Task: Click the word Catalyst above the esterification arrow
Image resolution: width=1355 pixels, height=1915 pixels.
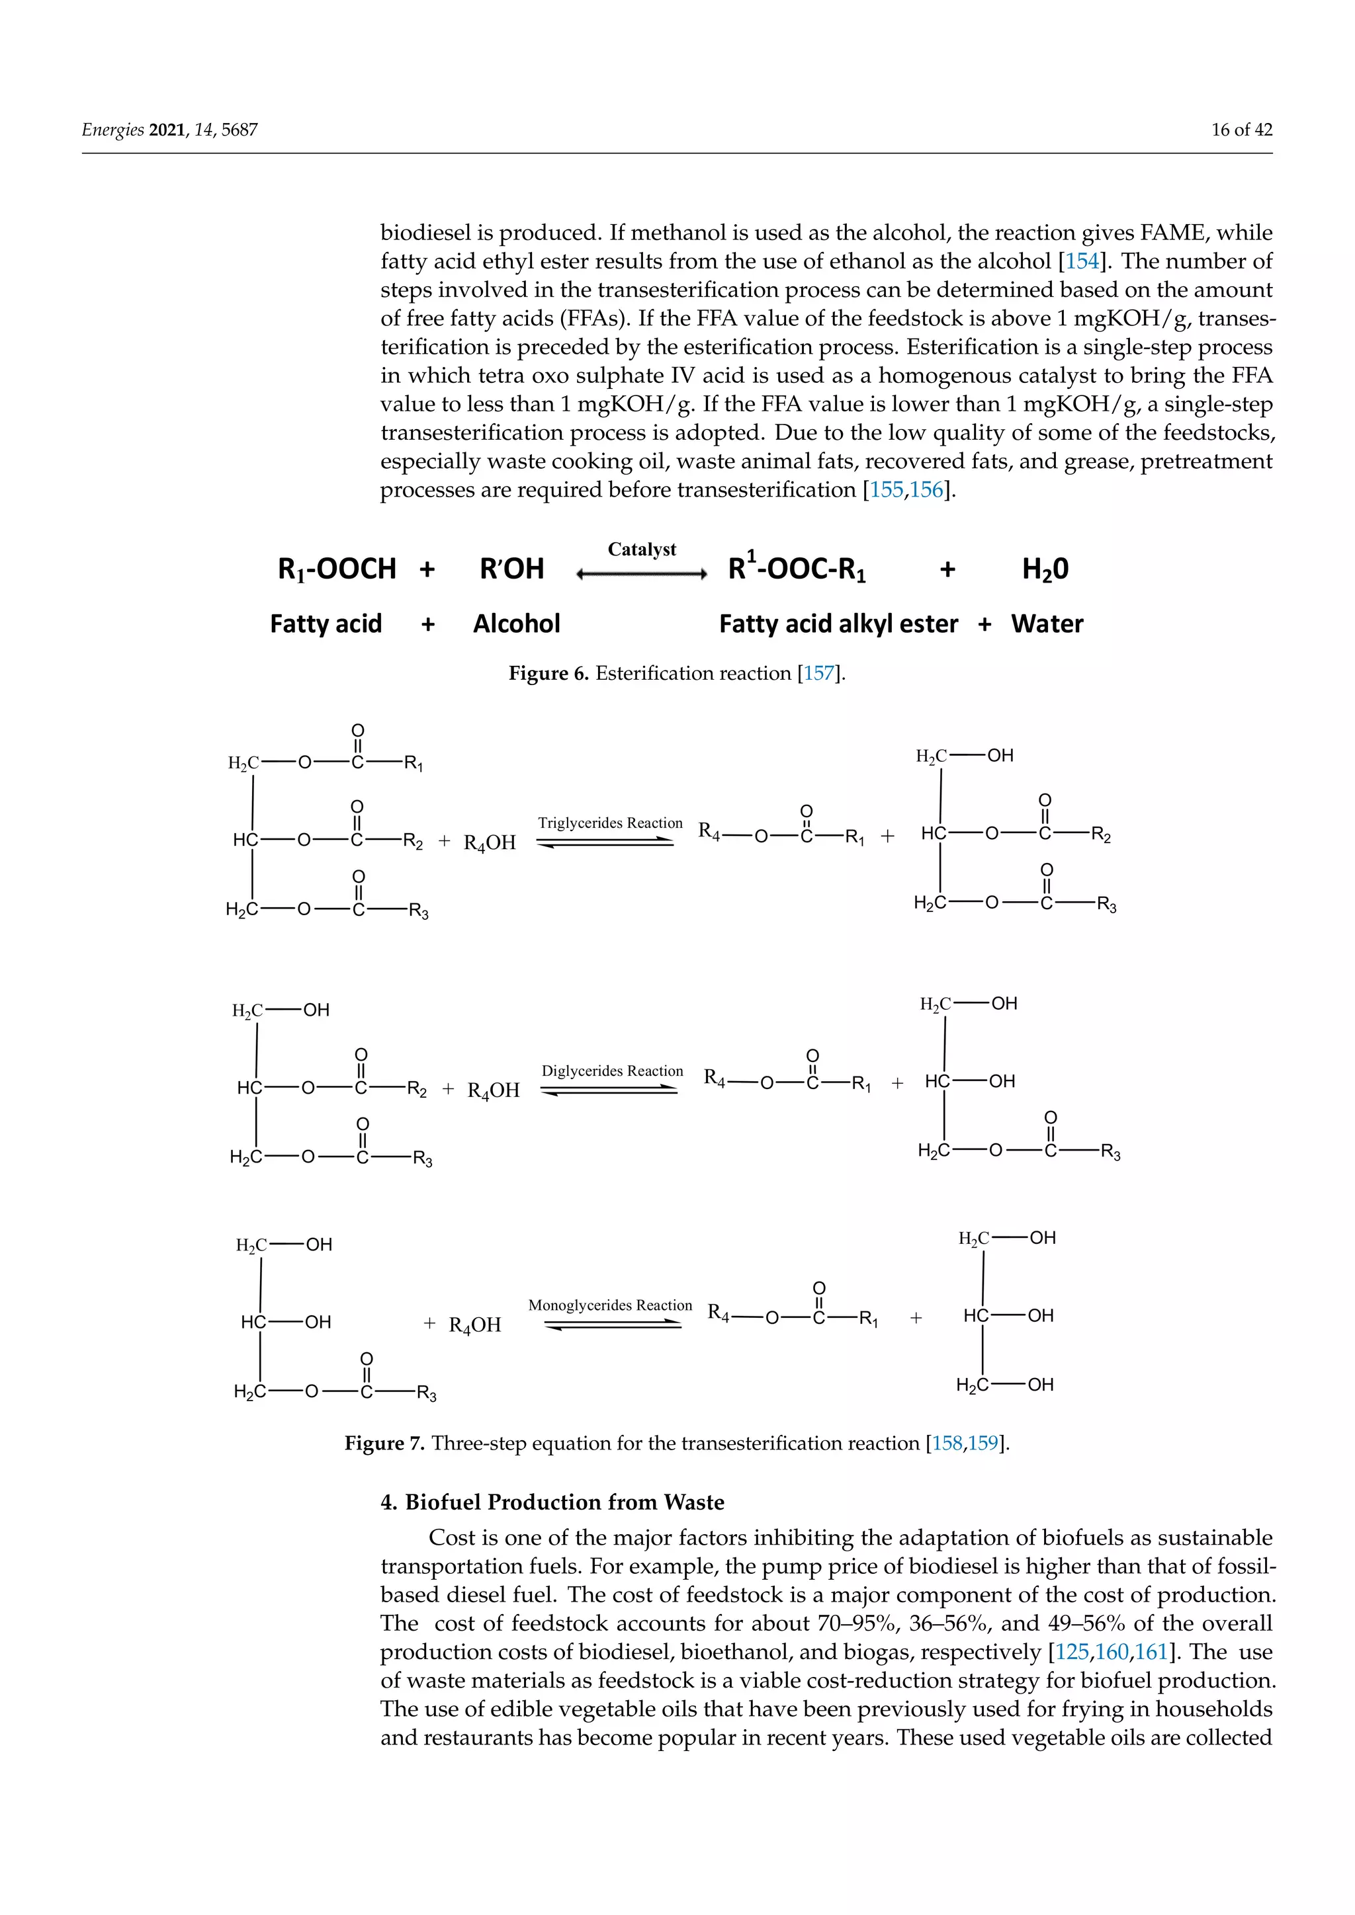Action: [x=641, y=549]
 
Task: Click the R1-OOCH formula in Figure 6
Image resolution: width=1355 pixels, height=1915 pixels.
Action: [x=336, y=569]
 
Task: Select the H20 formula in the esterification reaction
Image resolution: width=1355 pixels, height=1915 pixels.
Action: [x=1045, y=569]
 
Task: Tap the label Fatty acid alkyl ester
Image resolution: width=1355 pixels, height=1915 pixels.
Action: [x=838, y=624]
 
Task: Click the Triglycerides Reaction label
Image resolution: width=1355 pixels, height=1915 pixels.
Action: [x=610, y=823]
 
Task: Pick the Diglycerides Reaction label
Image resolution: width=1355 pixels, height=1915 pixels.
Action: [x=611, y=1071]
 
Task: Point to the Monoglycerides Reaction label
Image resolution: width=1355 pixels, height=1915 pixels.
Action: [x=610, y=1305]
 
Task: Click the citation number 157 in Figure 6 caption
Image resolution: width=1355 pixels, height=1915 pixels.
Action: [x=818, y=673]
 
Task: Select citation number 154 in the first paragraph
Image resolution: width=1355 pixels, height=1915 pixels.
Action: [x=1082, y=261]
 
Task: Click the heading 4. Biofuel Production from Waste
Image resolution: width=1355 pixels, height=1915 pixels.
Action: [x=552, y=1502]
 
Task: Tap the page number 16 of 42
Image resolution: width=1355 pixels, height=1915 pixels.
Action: [x=1241, y=130]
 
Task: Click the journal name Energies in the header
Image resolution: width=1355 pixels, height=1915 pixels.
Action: [x=112, y=130]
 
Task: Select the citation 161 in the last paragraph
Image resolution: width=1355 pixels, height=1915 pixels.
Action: [x=1151, y=1652]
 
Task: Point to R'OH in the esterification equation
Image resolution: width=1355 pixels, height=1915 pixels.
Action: [x=511, y=569]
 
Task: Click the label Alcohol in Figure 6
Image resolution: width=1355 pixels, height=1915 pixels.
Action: [x=517, y=624]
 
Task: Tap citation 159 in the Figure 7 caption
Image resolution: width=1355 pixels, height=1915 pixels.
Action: [x=983, y=1443]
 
